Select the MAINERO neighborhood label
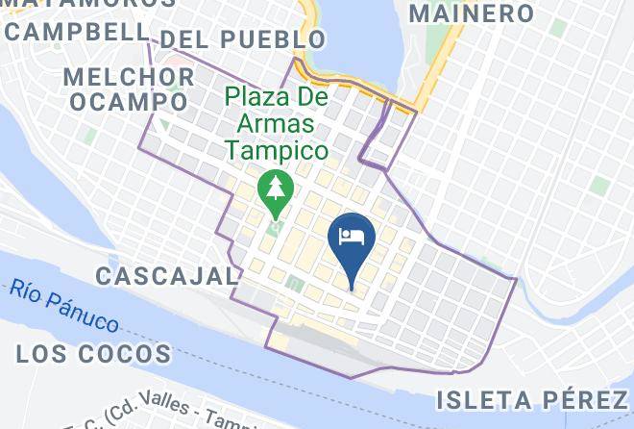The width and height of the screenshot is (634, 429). click(471, 13)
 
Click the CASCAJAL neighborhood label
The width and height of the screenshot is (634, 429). click(167, 276)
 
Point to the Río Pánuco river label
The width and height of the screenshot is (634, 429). click(66, 305)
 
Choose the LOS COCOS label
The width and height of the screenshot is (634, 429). click(93, 354)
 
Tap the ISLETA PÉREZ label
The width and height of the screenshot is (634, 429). click(531, 399)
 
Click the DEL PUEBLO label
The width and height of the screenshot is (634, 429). click(242, 39)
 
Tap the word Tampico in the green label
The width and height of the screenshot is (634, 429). click(278, 150)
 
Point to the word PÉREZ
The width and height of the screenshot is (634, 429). click(579, 399)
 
